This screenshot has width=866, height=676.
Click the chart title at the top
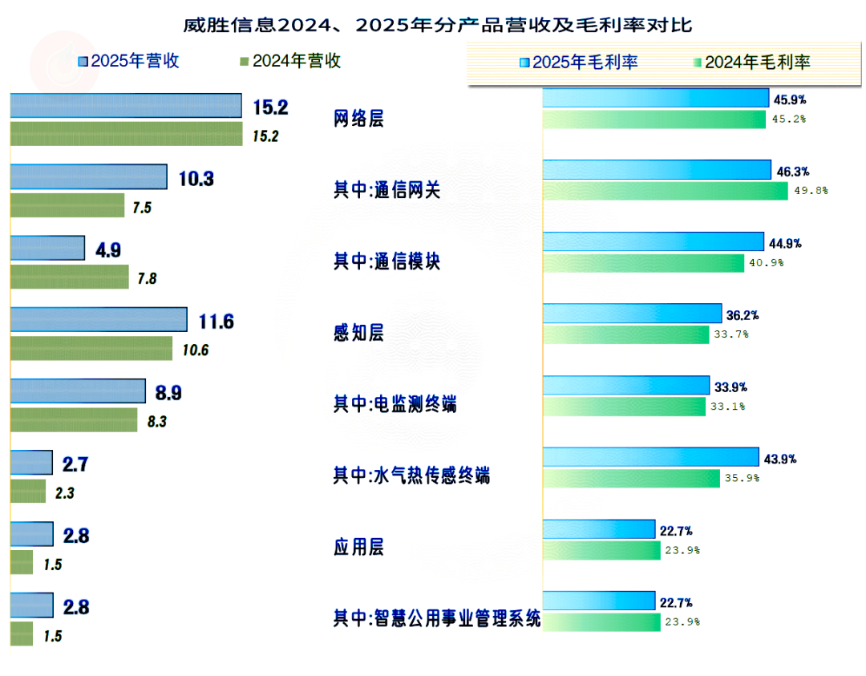click(x=437, y=26)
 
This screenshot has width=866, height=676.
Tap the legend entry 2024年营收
click(x=290, y=61)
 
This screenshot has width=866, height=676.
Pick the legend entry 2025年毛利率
click(x=577, y=62)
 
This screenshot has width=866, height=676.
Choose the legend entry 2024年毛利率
click(x=750, y=62)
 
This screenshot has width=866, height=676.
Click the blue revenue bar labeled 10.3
click(x=88, y=176)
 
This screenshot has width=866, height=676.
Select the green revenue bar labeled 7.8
click(x=69, y=277)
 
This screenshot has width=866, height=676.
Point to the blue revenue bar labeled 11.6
click(x=99, y=319)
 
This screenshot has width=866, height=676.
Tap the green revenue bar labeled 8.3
click(x=73, y=419)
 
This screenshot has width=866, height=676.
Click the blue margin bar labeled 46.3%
click(x=657, y=169)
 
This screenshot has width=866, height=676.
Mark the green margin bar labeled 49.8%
click(x=665, y=191)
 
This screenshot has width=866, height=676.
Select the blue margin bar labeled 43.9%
click(x=650, y=457)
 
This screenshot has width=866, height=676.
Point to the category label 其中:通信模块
click(x=386, y=262)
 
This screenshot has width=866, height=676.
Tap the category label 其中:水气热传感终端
click(x=411, y=476)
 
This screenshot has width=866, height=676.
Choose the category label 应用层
click(x=358, y=548)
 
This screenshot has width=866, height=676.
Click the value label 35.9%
click(x=742, y=479)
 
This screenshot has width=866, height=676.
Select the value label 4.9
click(x=108, y=250)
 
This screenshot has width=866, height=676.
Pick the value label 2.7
click(x=75, y=463)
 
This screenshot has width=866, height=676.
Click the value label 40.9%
click(x=767, y=263)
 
